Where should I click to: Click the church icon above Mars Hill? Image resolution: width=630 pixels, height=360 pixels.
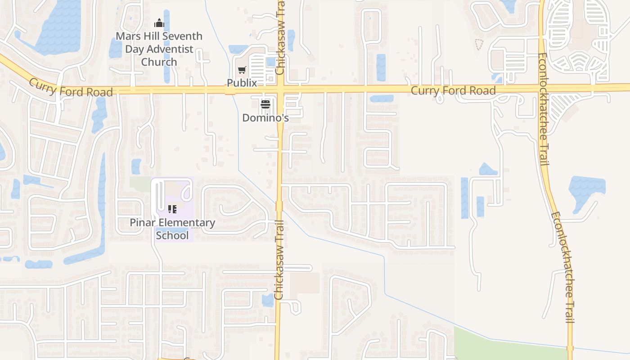click(x=159, y=23)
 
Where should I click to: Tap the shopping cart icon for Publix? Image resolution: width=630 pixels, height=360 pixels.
click(x=242, y=70)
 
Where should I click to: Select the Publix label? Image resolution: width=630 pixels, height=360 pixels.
click(x=242, y=83)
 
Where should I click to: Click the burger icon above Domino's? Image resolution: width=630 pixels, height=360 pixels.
click(x=265, y=105)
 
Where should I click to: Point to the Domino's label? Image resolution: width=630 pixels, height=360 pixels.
click(x=265, y=118)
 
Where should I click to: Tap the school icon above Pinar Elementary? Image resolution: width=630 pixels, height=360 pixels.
click(x=172, y=209)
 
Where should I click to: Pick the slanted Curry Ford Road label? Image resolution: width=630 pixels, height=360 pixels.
click(x=71, y=88)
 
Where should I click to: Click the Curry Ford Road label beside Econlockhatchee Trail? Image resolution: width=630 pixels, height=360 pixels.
click(x=453, y=90)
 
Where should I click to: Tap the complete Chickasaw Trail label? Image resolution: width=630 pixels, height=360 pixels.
click(x=279, y=261)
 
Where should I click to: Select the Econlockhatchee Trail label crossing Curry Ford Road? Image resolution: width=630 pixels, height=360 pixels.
click(x=543, y=109)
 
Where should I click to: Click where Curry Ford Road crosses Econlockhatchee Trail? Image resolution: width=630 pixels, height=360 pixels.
click(x=542, y=88)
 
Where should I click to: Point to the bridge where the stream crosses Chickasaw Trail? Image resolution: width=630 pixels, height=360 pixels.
click(x=279, y=206)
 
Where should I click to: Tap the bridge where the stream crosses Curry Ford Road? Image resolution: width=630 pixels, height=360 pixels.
click(x=230, y=90)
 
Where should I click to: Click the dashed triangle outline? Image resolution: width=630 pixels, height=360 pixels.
click(x=479, y=44)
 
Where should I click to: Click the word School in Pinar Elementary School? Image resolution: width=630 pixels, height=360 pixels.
click(x=172, y=235)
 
